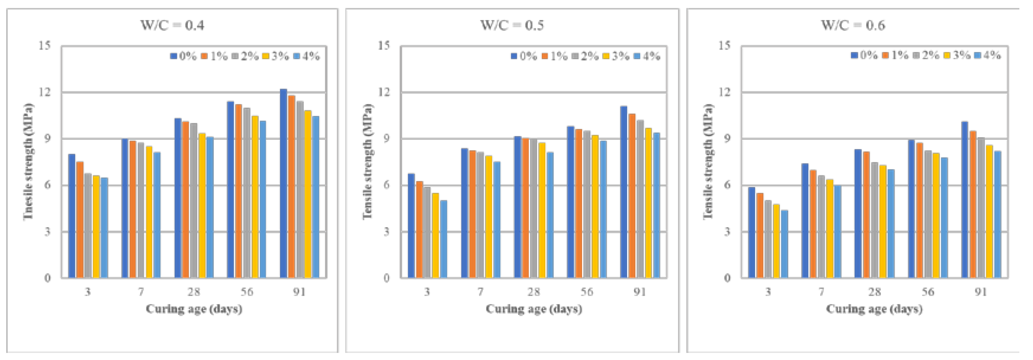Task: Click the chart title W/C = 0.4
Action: (x=172, y=25)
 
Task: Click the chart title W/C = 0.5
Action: (x=512, y=25)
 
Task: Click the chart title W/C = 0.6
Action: (x=853, y=25)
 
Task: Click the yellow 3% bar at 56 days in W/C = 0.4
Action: (x=255, y=197)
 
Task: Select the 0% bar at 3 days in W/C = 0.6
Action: (x=752, y=232)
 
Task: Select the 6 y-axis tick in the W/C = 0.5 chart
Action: (x=386, y=185)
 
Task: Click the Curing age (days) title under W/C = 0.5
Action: (x=534, y=309)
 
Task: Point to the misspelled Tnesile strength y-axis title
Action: (x=28, y=162)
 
